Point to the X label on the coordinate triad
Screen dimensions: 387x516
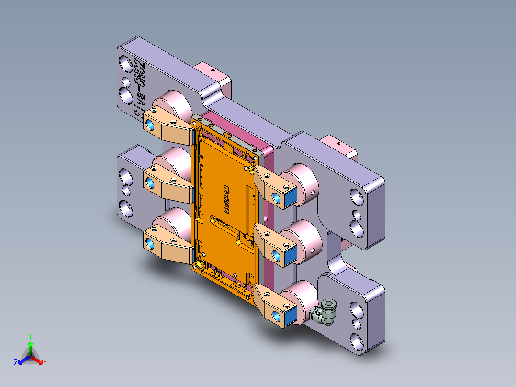[x=45, y=363]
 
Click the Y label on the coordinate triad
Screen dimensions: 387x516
[x=30, y=336]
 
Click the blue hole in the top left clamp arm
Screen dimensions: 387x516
[x=149, y=125]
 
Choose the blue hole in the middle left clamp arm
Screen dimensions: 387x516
[x=149, y=182]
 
